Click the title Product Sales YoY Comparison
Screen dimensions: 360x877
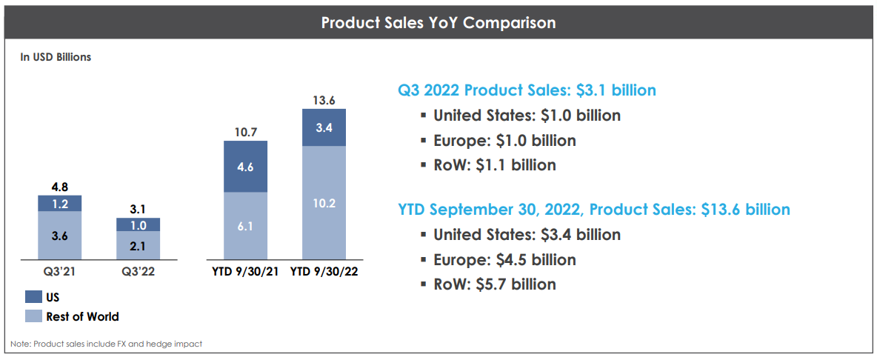click(438, 22)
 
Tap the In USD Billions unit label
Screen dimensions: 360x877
click(56, 56)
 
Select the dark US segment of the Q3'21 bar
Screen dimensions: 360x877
click(60, 204)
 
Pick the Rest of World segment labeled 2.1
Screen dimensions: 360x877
click(138, 244)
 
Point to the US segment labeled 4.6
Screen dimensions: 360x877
click(245, 167)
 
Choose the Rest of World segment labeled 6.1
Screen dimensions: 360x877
click(245, 225)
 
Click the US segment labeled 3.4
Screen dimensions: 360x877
click(324, 127)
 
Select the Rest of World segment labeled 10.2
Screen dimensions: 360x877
click(324, 202)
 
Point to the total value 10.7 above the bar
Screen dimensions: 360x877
click(245, 133)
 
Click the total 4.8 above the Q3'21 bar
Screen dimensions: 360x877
click(60, 187)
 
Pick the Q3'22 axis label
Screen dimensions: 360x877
click(138, 271)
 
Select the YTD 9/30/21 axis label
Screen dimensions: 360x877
click(245, 271)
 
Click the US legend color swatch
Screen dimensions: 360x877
click(33, 297)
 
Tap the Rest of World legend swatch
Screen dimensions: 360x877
click(33, 316)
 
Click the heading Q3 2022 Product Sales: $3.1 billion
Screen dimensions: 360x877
click(527, 90)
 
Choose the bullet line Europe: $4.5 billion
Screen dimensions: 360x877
click(504, 259)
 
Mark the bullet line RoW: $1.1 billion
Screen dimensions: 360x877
click(494, 165)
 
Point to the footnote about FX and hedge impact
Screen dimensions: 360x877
click(106, 344)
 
